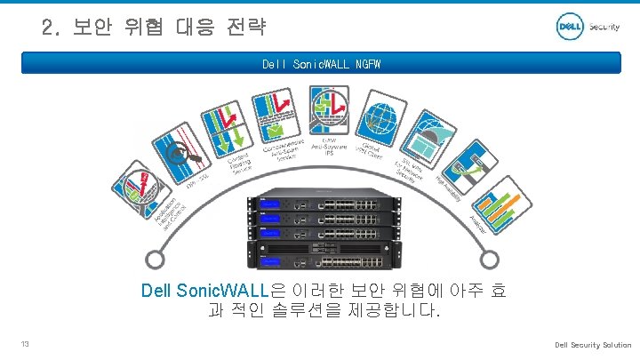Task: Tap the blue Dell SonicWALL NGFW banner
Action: pos(319,64)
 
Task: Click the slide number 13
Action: pos(27,345)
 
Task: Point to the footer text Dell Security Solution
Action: pos(593,345)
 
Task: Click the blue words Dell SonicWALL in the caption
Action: pos(204,290)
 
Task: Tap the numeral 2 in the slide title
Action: pos(48,27)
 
